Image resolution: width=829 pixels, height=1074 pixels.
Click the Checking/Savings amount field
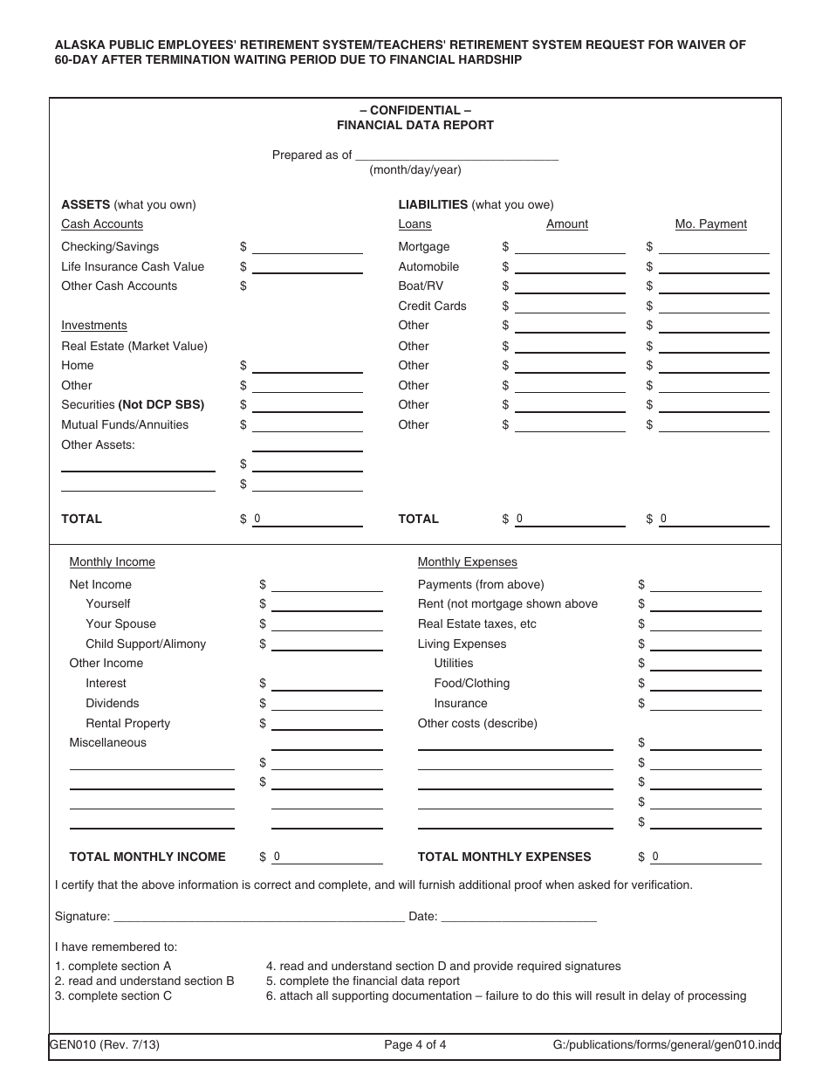(x=306, y=246)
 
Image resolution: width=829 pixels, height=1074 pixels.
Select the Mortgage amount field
(x=569, y=246)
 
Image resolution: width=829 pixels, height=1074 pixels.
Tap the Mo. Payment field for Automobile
(x=714, y=266)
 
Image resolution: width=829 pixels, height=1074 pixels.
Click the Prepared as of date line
(x=456, y=155)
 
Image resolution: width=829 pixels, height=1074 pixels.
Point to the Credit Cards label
(x=432, y=306)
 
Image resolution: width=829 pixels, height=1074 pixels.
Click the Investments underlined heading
(x=93, y=325)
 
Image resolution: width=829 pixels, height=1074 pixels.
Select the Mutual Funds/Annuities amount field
(x=306, y=424)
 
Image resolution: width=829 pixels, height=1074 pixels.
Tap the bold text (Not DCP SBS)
(x=161, y=404)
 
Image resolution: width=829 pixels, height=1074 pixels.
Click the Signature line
(x=258, y=916)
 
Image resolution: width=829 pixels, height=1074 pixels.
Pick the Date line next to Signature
(x=518, y=916)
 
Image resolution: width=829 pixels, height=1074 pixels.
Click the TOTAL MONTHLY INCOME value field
(x=326, y=857)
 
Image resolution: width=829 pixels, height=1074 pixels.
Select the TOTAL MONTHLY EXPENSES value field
(x=705, y=857)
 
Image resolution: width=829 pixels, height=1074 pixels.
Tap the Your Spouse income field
(x=326, y=623)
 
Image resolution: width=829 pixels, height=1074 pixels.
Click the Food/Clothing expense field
(x=705, y=683)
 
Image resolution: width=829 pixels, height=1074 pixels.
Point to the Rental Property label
(x=127, y=723)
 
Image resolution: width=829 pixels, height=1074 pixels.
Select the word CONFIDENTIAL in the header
(x=415, y=110)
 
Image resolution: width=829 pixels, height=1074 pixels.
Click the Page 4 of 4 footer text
(x=415, y=1044)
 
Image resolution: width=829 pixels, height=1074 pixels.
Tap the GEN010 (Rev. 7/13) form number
(x=105, y=1044)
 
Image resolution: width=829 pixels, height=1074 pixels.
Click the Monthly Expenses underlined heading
(x=467, y=561)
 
